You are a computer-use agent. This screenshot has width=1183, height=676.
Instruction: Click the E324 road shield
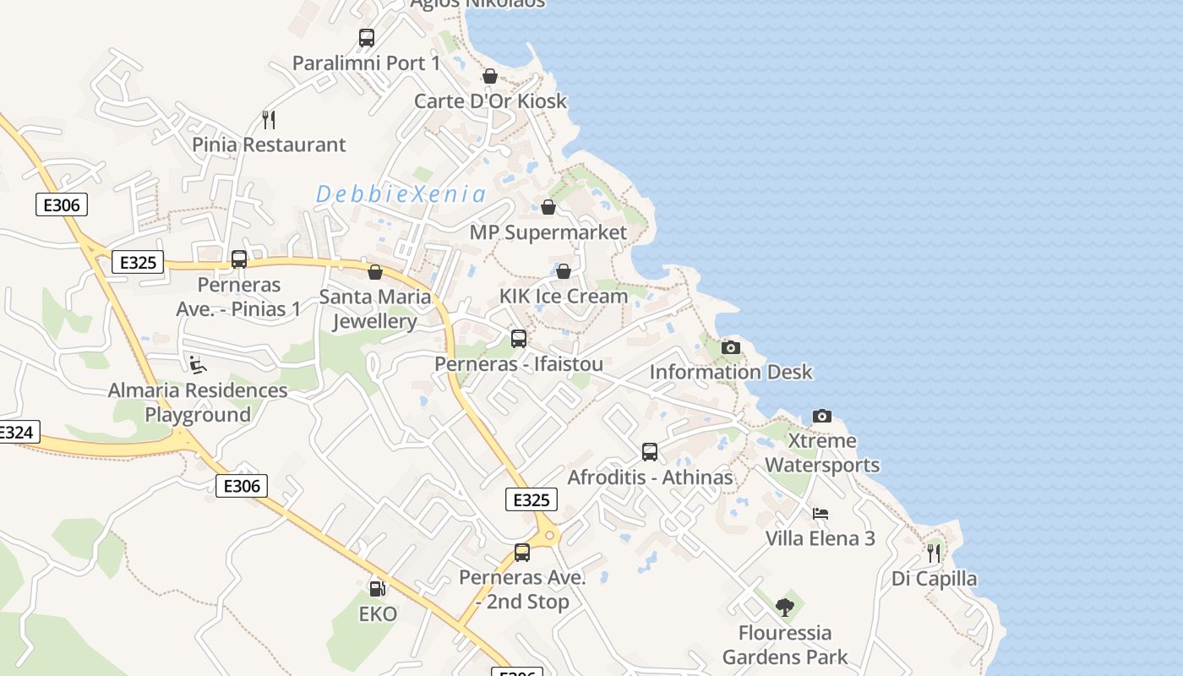[x=15, y=432]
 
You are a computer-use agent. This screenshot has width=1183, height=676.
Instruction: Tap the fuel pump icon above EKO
[x=377, y=588]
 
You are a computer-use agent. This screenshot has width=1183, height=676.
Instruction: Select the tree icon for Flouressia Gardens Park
[x=785, y=607]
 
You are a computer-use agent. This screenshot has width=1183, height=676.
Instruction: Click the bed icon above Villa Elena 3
[x=820, y=513]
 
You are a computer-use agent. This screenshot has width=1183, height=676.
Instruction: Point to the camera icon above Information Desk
[x=731, y=347]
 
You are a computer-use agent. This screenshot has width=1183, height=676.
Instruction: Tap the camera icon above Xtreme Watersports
[x=822, y=416]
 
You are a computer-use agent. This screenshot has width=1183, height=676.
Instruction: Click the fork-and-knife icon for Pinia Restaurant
[x=269, y=119]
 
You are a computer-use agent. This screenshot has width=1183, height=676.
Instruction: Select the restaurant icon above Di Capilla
[x=934, y=553]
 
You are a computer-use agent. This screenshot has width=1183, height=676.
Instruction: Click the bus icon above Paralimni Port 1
[x=366, y=38]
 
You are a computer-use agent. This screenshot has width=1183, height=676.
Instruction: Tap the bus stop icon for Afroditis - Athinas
[x=649, y=452]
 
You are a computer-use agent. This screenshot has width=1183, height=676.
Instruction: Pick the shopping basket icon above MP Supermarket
[x=548, y=207]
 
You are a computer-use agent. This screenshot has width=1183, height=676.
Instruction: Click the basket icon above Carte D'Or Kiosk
[x=489, y=76]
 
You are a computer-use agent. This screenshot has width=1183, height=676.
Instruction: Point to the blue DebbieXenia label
[x=401, y=194]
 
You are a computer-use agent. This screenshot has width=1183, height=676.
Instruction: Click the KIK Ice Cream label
[x=564, y=297]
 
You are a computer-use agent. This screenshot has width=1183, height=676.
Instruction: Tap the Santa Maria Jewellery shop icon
[x=375, y=272]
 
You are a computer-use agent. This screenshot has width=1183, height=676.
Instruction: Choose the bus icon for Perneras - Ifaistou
[x=519, y=339]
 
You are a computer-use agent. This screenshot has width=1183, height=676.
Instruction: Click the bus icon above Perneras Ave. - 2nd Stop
[x=522, y=553]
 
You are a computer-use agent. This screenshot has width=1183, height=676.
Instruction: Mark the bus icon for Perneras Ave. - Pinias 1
[x=239, y=259]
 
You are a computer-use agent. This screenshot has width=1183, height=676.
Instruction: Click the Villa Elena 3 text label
[x=820, y=538]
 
